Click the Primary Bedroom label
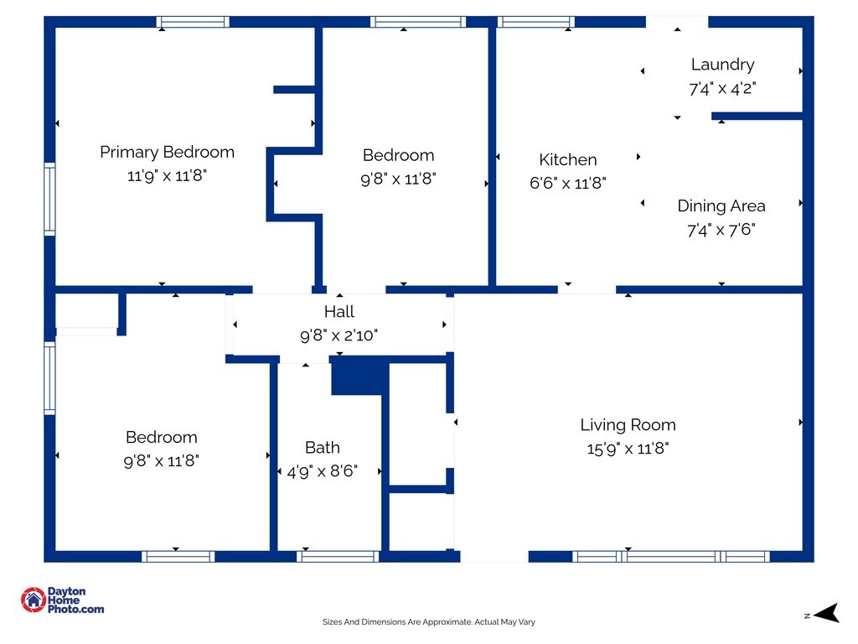pos(167,152)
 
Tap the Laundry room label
pos(722,65)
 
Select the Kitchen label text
pos(568,159)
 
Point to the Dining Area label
pos(721,205)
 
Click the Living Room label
pos(628,424)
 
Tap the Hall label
pos(339,312)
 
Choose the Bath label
pos(323,447)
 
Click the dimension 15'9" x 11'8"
pos(628,449)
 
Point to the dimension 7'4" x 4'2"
pos(722,88)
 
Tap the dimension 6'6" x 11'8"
pos(568,183)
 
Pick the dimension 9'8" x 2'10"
pos(339,335)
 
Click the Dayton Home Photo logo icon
pos(34,599)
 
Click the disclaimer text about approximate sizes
pos(428,622)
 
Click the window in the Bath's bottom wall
pos(339,556)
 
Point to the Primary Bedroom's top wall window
pos(193,22)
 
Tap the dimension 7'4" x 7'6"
pos(721,230)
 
